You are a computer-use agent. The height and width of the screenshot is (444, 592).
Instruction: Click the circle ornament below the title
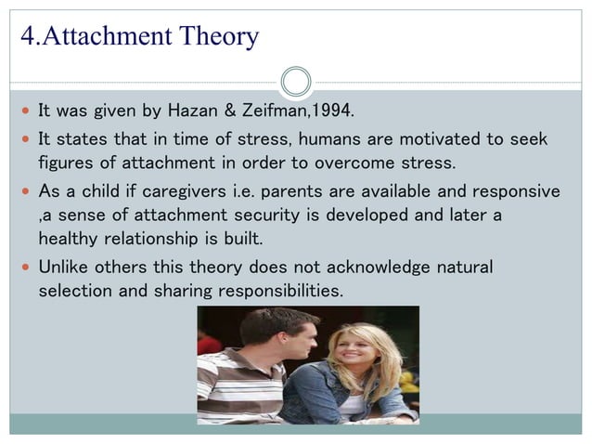296,82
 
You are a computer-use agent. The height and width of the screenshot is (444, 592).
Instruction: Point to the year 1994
333,112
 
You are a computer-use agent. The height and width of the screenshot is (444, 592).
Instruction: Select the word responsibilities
279,291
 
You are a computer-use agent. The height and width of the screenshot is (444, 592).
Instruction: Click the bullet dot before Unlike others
24,268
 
